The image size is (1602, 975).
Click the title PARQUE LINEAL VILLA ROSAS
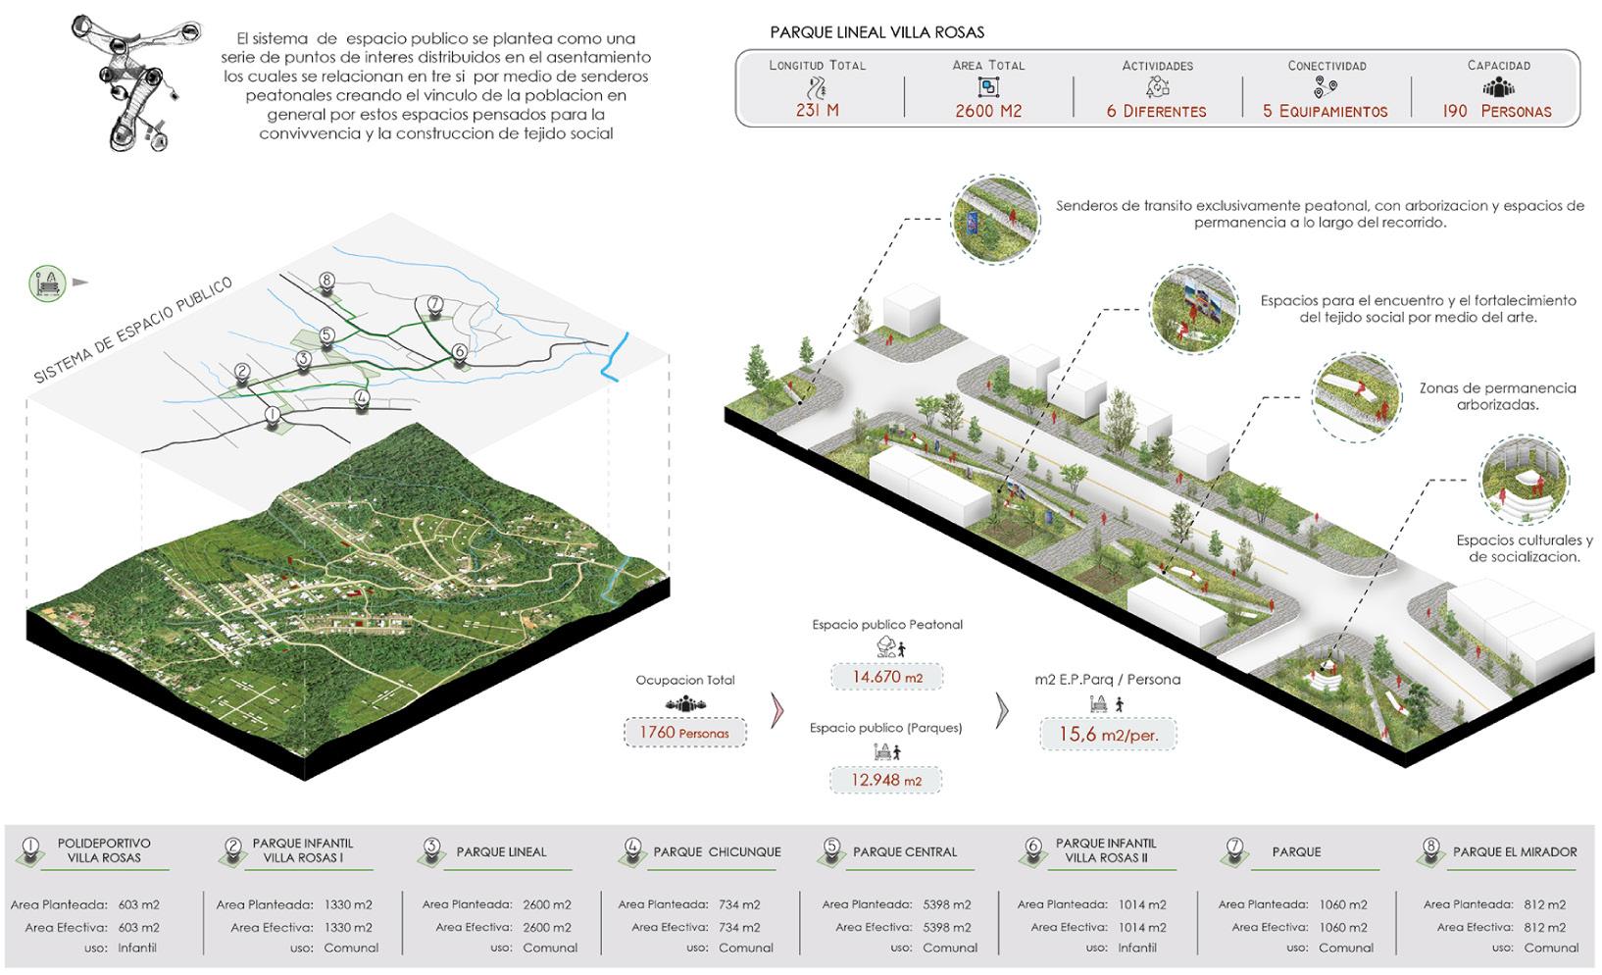(876, 32)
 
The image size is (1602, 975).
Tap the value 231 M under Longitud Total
(817, 111)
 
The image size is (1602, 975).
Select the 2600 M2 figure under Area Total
(988, 111)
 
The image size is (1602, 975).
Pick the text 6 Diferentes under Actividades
(1157, 112)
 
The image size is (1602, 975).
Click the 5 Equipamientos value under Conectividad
(1326, 112)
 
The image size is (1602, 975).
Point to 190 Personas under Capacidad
(1497, 112)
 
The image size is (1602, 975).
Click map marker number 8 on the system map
(326, 282)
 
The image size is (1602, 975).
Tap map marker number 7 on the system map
(435, 305)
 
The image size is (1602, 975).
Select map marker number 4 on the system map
(362, 399)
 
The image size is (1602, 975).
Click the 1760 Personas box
(684, 733)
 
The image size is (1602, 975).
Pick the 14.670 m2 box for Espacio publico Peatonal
(886, 677)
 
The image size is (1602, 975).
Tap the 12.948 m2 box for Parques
(886, 781)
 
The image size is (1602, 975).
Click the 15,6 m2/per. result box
(1107, 734)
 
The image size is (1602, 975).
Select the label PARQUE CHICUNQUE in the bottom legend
(717, 851)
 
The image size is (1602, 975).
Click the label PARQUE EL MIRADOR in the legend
(1515, 851)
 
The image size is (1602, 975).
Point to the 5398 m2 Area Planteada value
(946, 904)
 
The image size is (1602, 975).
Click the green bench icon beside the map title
(47, 282)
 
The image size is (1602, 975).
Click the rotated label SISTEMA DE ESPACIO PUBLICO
(133, 330)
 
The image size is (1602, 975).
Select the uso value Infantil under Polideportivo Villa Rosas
(137, 948)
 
